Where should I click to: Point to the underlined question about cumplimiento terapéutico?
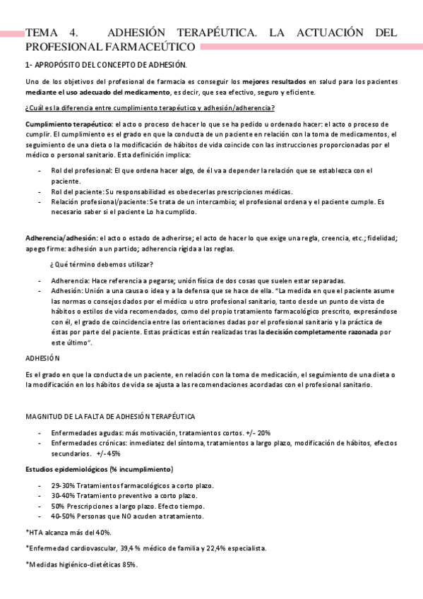(150, 107)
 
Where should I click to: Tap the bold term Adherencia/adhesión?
(61, 238)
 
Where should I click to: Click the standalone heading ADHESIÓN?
(43, 358)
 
